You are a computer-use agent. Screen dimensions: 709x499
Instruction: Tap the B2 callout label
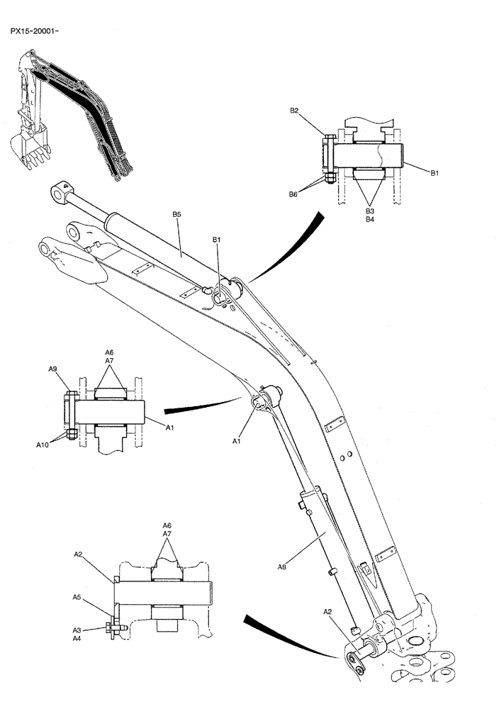[x=294, y=111]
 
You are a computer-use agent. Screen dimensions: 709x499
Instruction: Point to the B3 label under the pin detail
[x=370, y=211]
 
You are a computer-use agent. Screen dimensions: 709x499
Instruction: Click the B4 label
[x=370, y=220]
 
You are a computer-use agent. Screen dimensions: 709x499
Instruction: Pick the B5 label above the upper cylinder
[x=177, y=213]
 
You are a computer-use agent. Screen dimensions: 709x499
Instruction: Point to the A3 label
[x=77, y=629]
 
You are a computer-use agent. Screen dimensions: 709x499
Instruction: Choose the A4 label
[x=77, y=638]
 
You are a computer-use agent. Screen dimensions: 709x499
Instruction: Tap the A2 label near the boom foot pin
[x=328, y=610]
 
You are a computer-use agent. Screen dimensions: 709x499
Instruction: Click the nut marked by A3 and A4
[x=111, y=628]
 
